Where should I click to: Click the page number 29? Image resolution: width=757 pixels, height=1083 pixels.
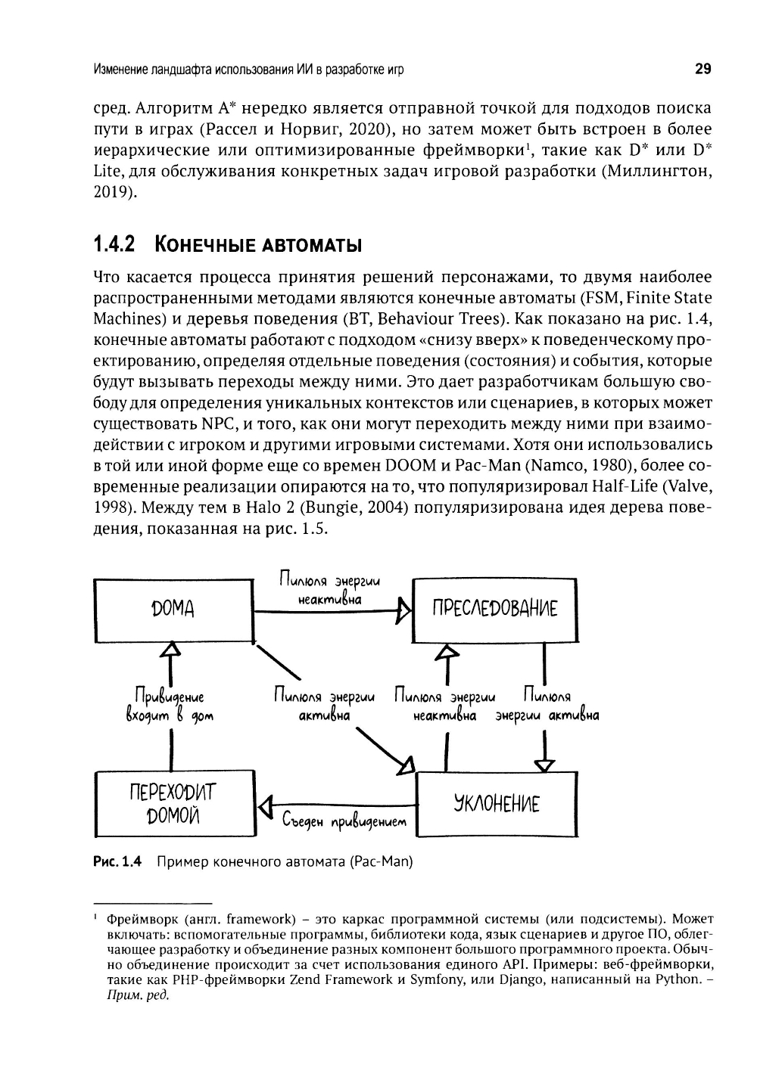702,70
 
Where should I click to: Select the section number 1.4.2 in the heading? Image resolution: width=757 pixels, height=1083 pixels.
113,245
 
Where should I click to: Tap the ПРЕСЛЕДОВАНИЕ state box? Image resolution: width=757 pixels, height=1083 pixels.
494,608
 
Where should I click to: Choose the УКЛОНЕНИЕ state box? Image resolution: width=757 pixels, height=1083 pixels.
497,803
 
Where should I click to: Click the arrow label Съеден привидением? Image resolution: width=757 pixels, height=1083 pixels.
344,821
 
